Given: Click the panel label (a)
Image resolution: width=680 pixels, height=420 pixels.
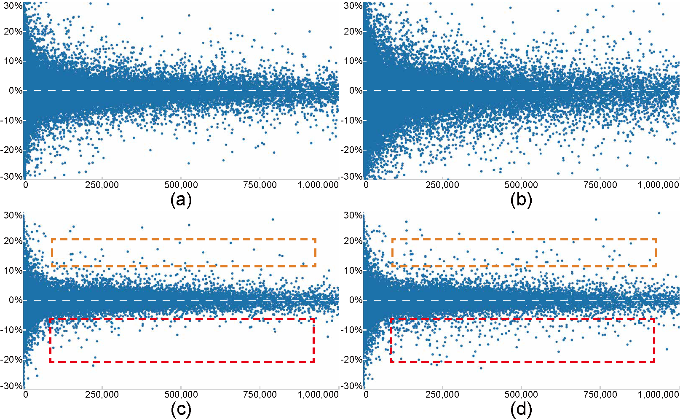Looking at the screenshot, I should [181, 200].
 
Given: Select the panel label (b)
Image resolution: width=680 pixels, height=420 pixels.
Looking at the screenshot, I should [521, 200].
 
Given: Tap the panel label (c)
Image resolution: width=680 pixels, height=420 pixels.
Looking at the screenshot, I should [181, 409].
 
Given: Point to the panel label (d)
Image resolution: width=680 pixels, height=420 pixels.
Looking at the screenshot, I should [521, 409].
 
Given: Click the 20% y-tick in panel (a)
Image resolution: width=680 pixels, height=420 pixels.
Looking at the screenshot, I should [13, 32].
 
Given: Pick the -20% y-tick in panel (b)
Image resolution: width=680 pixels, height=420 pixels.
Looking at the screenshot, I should [352, 150].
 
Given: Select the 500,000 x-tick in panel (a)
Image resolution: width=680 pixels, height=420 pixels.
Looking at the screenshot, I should [181, 185].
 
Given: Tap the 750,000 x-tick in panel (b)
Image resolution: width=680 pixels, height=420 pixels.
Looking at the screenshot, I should [600, 185].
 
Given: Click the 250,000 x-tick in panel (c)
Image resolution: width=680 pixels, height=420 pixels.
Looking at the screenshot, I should [102, 394].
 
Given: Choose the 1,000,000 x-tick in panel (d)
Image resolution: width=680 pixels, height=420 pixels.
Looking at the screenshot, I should [658, 394].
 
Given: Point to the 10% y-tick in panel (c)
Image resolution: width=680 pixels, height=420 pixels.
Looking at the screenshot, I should [13, 271].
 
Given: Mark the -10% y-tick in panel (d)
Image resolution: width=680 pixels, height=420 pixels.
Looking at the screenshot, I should [352, 330].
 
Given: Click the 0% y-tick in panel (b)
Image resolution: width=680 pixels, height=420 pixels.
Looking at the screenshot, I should [356, 91].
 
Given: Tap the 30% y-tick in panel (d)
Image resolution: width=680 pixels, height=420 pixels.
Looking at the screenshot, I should [353, 215].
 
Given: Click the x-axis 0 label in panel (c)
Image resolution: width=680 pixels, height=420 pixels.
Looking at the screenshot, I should [26, 394].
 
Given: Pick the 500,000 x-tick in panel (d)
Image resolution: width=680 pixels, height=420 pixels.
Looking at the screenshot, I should [521, 394].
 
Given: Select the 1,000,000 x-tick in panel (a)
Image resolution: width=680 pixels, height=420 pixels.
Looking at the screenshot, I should [318, 185].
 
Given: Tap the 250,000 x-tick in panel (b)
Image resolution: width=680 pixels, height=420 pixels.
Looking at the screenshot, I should [442, 185].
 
